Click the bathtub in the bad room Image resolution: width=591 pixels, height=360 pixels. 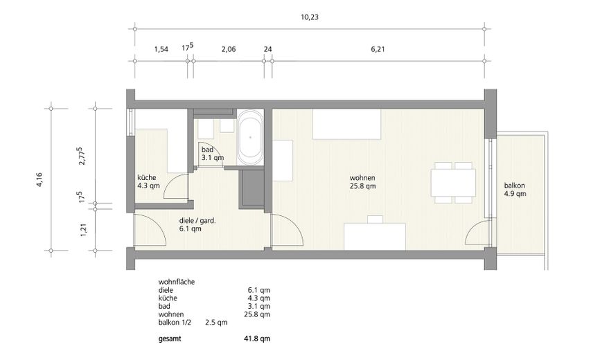coord(250,137)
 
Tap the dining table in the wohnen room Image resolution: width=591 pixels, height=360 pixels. coord(453,183)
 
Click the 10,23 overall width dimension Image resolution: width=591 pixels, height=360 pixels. coord(310,17)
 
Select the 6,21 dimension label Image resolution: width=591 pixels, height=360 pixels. coord(378,49)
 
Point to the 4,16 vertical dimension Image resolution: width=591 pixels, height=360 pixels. coord(39,179)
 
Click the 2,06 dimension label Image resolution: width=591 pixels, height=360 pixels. coord(229,49)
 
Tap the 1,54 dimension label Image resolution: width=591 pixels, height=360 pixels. coord(161,49)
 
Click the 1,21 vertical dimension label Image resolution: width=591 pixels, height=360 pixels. coord(83,230)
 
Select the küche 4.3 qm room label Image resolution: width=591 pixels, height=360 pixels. coord(148,181)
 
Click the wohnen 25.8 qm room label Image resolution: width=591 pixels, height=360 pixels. coord(362,182)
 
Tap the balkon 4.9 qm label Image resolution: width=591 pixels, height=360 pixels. coord(515,190)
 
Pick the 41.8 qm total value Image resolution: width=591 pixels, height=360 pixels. coord(257,339)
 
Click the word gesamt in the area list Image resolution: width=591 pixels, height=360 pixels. coord(170,339)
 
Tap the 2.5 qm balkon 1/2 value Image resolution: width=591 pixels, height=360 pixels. coord(216,323)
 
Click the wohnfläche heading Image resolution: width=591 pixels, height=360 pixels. coord(177,282)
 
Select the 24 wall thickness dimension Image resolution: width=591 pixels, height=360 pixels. coord(268,49)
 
